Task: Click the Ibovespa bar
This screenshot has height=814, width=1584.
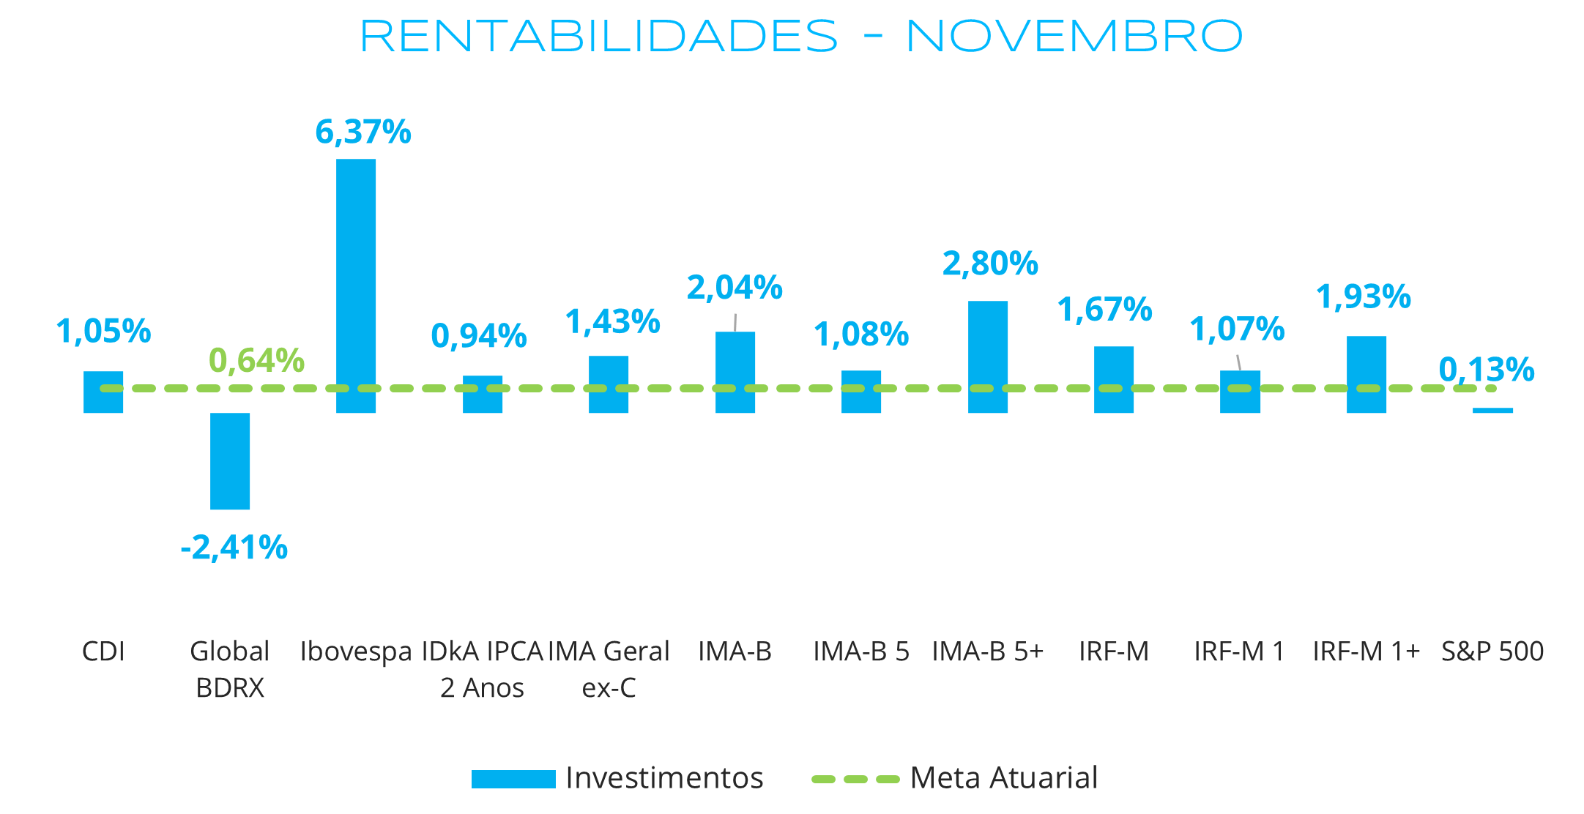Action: point(356,285)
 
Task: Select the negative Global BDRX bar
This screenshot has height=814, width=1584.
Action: point(230,461)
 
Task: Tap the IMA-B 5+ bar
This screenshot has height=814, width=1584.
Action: point(988,356)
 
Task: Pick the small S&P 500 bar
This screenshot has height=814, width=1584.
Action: point(1492,411)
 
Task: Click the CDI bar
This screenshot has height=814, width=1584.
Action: point(103,392)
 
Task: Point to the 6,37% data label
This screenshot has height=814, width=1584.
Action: point(363,132)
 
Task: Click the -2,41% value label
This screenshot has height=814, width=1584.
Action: point(234,548)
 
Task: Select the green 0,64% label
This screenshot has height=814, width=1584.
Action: point(256,360)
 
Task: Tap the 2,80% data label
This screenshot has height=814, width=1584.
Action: point(990,264)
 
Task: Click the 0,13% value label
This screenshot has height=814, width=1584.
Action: point(1487,370)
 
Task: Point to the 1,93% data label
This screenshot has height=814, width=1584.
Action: point(1364,297)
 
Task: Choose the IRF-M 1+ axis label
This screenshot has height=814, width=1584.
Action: point(1366,651)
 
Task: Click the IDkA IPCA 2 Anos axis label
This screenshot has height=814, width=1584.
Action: point(483,669)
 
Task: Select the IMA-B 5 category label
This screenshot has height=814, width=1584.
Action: point(861,651)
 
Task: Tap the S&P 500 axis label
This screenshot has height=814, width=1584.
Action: point(1492,651)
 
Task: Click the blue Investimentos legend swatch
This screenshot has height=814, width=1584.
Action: point(513,779)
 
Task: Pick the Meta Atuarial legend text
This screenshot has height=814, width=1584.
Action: point(1004,778)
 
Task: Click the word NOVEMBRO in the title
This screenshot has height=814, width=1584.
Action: point(1074,37)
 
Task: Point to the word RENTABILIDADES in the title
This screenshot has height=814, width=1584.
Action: point(599,37)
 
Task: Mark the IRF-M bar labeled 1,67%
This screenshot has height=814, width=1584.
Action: point(1114,379)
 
